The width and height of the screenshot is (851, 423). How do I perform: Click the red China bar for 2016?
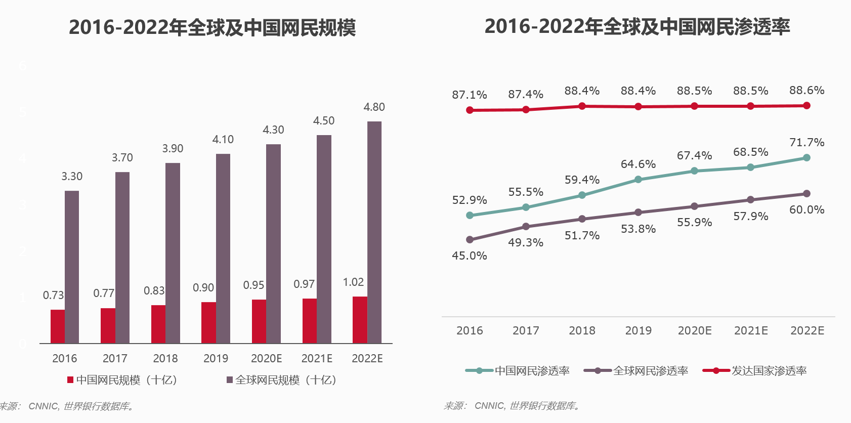click(58, 326)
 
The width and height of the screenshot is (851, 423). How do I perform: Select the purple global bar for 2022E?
click(374, 232)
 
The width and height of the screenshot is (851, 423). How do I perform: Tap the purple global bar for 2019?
click(223, 248)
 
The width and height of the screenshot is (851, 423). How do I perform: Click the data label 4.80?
click(374, 107)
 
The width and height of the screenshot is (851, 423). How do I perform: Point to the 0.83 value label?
click(154, 291)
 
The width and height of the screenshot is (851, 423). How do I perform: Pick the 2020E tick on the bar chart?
click(267, 359)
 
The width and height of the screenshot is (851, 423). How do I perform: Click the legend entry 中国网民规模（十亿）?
click(122, 380)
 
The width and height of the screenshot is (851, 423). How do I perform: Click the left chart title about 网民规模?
click(212, 27)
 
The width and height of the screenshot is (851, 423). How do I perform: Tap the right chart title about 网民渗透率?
click(637, 26)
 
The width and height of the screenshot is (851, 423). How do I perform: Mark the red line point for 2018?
click(582, 106)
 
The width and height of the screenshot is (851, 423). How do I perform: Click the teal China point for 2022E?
click(806, 158)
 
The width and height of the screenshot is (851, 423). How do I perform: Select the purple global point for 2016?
click(470, 240)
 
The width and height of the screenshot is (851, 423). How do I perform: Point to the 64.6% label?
click(638, 164)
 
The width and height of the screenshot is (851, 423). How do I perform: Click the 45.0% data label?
click(470, 256)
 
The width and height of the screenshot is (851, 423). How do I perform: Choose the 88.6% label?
click(806, 91)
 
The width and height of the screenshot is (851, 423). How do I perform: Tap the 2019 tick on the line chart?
click(638, 331)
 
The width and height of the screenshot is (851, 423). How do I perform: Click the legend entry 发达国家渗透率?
click(755, 371)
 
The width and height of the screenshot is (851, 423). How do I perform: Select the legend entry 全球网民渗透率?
click(636, 371)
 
